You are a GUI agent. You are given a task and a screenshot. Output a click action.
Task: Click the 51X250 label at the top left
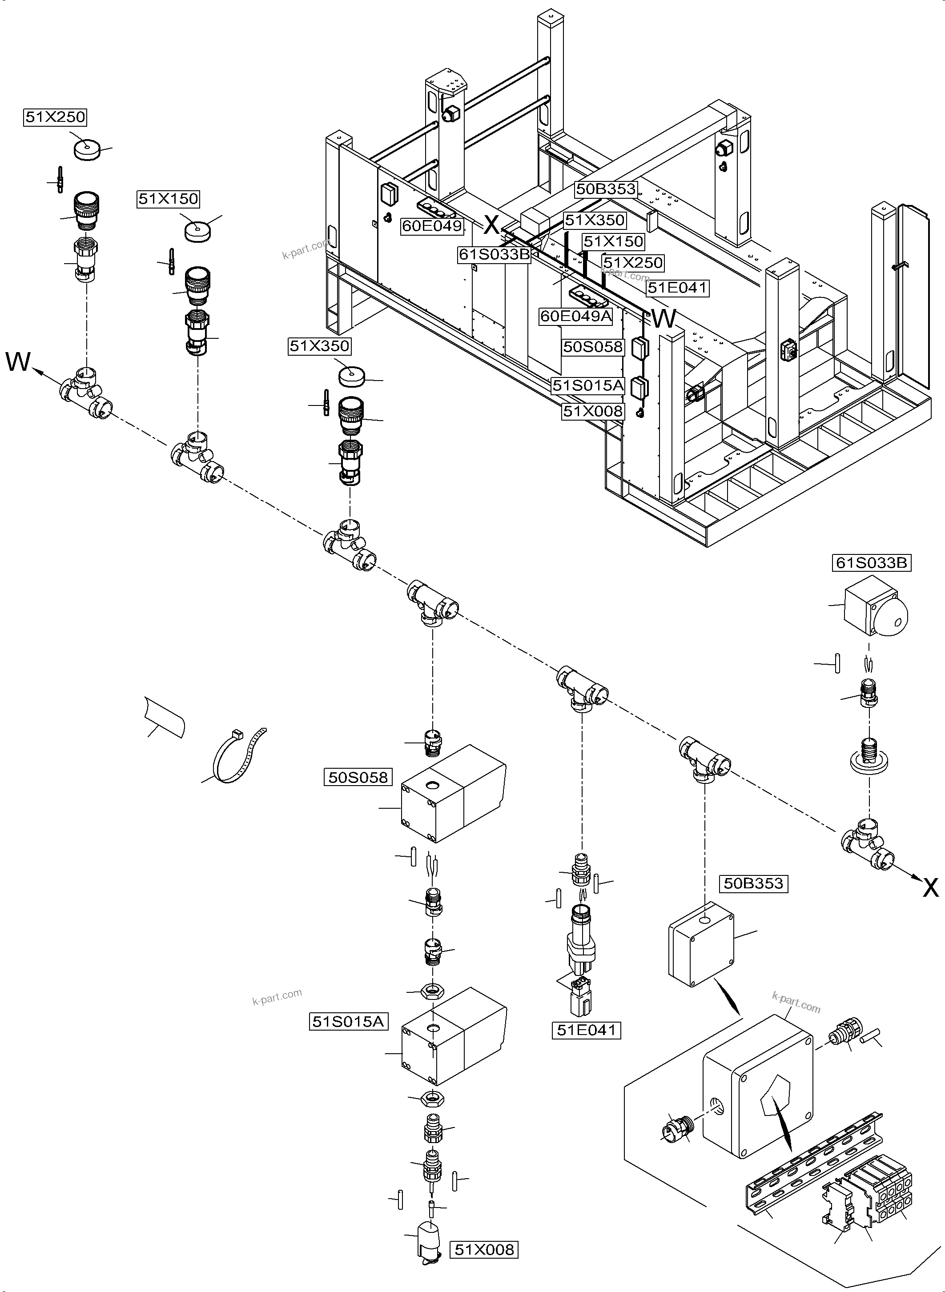click(56, 117)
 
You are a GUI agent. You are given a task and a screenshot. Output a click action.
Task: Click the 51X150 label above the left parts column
click(168, 199)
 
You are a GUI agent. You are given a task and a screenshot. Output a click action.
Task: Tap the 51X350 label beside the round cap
click(319, 346)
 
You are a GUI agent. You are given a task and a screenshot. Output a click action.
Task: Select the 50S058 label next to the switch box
click(358, 777)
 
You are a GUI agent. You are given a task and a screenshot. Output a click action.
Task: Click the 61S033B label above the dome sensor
click(871, 563)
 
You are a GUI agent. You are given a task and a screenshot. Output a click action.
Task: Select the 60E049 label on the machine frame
click(432, 226)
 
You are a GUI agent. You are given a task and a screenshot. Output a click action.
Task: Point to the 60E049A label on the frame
click(576, 316)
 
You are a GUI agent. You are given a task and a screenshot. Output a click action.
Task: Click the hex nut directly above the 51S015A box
click(431, 991)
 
